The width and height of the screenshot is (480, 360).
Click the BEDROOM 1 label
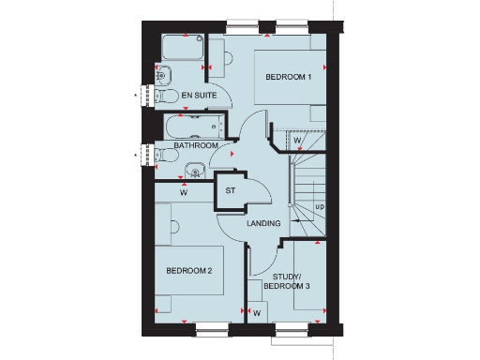(x=288, y=77)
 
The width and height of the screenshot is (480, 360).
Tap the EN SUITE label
(x=199, y=96)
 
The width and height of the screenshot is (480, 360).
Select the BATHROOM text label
(x=197, y=146)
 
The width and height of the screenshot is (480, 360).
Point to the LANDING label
(x=264, y=225)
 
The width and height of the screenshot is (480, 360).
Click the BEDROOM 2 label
(x=189, y=270)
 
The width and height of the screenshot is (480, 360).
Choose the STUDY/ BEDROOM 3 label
(x=291, y=282)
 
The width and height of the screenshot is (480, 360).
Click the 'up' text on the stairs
(x=320, y=205)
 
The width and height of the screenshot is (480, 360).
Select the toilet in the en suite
(x=168, y=96)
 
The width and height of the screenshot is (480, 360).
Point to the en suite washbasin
(x=162, y=74)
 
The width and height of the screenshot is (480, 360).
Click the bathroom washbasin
(x=194, y=171)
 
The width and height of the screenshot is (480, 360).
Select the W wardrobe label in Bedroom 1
(x=297, y=142)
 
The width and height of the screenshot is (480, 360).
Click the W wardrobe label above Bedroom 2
(x=184, y=195)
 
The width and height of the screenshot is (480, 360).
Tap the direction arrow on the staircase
(x=297, y=222)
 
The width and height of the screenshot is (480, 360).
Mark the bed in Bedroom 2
(x=191, y=272)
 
